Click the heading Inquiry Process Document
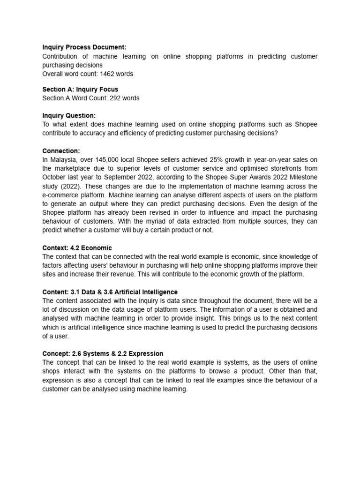point(84,47)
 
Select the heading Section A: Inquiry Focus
point(80,89)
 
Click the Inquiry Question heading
point(69,115)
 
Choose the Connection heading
point(61,150)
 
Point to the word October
point(55,177)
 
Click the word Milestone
point(300,177)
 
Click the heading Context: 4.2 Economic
point(77,247)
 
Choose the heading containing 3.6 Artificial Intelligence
point(110,292)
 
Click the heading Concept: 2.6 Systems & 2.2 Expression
point(103,353)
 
